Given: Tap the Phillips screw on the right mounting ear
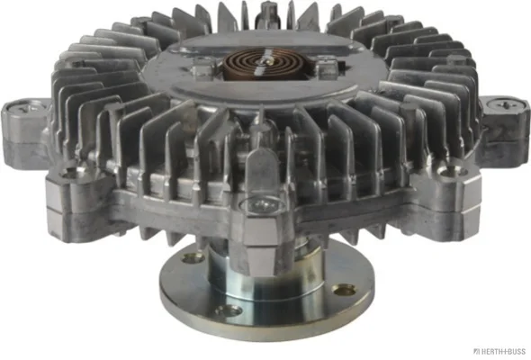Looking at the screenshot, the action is point(505,104).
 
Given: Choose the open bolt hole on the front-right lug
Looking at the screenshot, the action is point(453,171).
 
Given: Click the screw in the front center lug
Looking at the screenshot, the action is point(262,204).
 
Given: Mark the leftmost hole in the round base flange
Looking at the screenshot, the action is point(193,259).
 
